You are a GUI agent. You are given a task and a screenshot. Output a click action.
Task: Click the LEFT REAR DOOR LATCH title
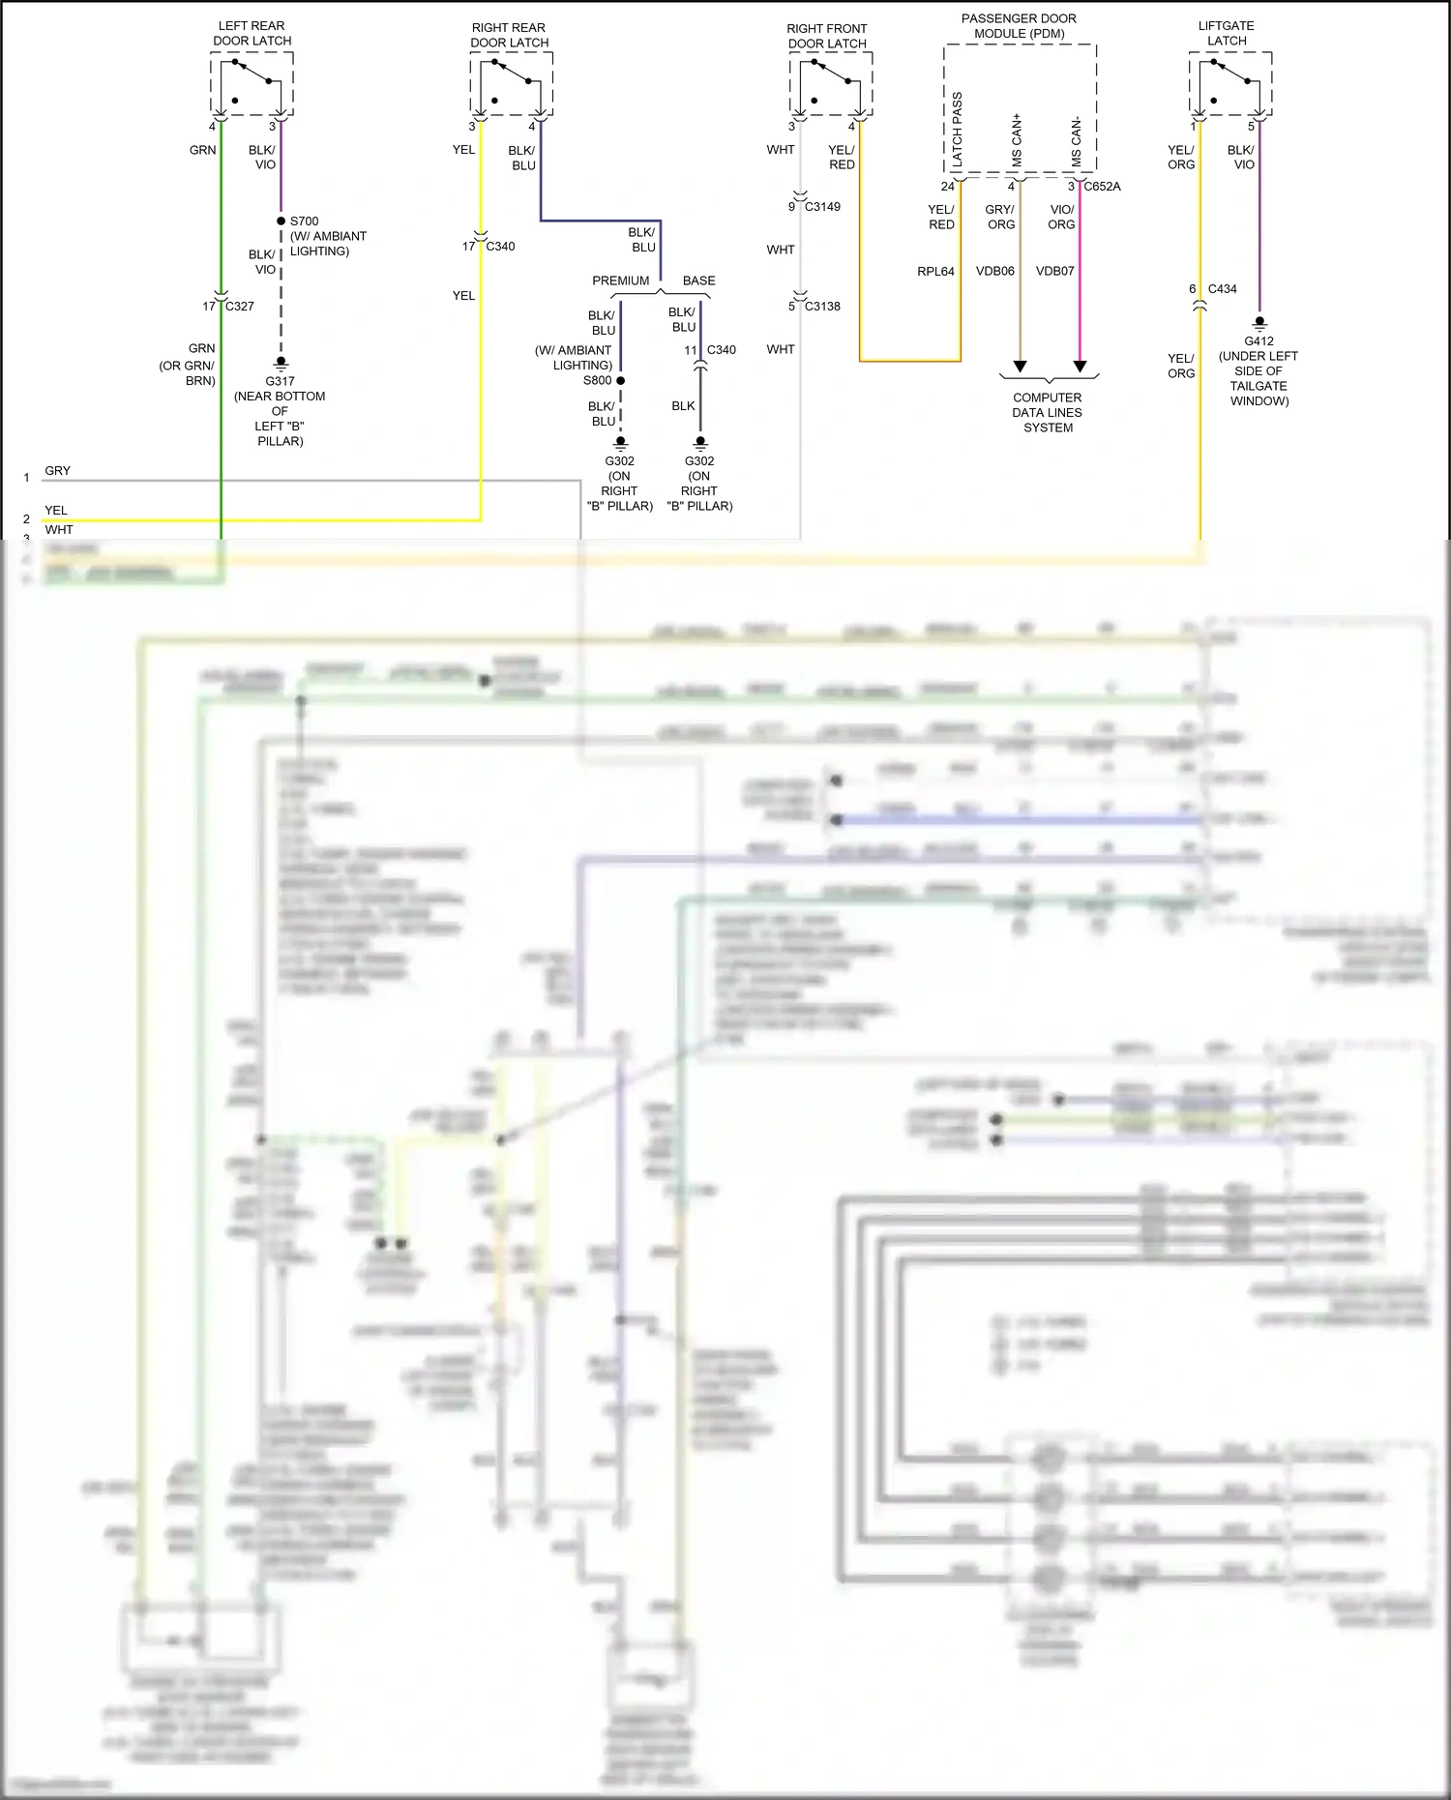tap(252, 33)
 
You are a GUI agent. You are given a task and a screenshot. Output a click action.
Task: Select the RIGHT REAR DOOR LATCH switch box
tap(511, 84)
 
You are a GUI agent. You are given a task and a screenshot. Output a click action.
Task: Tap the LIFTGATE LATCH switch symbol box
tap(1229, 84)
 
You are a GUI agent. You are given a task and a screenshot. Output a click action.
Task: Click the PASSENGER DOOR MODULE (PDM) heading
tap(1019, 26)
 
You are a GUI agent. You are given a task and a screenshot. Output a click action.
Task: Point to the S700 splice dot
tap(281, 221)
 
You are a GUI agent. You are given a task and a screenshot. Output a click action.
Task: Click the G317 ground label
tap(280, 381)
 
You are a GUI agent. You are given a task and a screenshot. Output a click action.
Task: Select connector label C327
tap(240, 306)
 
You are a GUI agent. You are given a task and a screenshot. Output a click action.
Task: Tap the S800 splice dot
tap(620, 380)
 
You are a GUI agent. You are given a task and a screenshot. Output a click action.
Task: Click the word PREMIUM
tap(620, 280)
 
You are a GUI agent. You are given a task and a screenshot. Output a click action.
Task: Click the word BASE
tap(698, 280)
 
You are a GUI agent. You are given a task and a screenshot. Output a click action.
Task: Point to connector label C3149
tap(822, 206)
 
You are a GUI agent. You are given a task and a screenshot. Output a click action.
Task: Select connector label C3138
tap(822, 306)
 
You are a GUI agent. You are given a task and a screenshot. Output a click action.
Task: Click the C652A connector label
tap(1102, 186)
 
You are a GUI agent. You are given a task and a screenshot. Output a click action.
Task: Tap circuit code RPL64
tap(935, 271)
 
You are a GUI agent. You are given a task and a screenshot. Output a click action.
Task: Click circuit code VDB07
tap(1054, 271)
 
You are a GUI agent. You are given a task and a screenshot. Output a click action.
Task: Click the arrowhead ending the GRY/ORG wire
tap(1020, 366)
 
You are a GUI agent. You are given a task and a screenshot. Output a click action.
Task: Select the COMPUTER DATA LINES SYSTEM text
tap(1048, 412)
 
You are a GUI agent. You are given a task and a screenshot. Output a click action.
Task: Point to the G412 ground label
tap(1259, 340)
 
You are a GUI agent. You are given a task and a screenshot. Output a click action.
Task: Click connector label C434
tap(1222, 288)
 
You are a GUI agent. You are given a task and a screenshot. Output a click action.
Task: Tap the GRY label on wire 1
tap(57, 470)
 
